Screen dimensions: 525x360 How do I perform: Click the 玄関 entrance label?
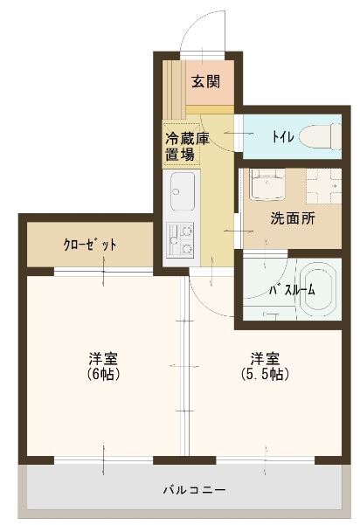205,83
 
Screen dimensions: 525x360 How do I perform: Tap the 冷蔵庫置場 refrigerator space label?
183,148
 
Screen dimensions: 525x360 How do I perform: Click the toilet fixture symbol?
317,136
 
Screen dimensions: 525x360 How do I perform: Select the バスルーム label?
284,289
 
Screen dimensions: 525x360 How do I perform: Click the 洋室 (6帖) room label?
103,366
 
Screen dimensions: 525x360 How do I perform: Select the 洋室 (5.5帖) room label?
265,366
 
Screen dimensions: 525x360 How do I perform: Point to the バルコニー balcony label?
194,490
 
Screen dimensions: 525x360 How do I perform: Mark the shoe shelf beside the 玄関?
176,87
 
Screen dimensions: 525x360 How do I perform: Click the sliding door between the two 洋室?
183,367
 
